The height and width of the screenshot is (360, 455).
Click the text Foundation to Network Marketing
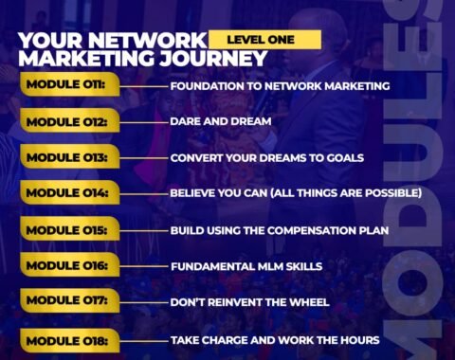[x=280, y=86]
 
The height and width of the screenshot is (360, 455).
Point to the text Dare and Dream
[x=220, y=122]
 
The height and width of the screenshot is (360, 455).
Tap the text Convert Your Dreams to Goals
[x=266, y=158]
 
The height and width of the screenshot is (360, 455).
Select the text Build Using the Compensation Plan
[x=279, y=230]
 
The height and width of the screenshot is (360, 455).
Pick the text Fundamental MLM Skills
[x=246, y=267]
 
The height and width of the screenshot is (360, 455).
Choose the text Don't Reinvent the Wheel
[x=249, y=303]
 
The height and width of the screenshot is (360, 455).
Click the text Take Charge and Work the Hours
[x=275, y=339]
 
